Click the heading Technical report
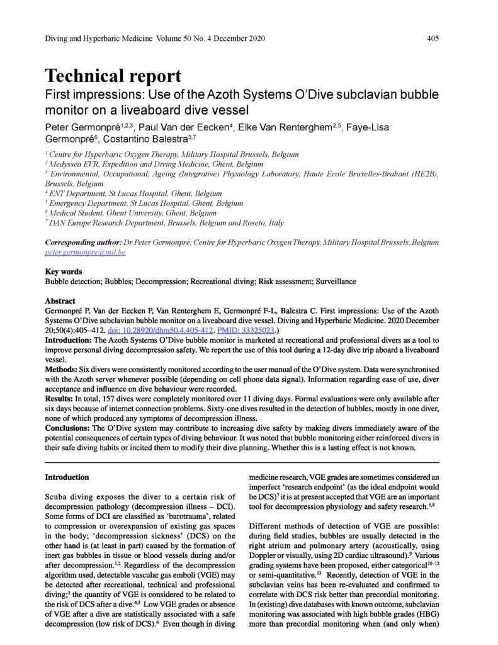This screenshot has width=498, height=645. (113, 76)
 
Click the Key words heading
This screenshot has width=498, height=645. (64, 271)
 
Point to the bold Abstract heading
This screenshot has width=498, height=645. (61, 301)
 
